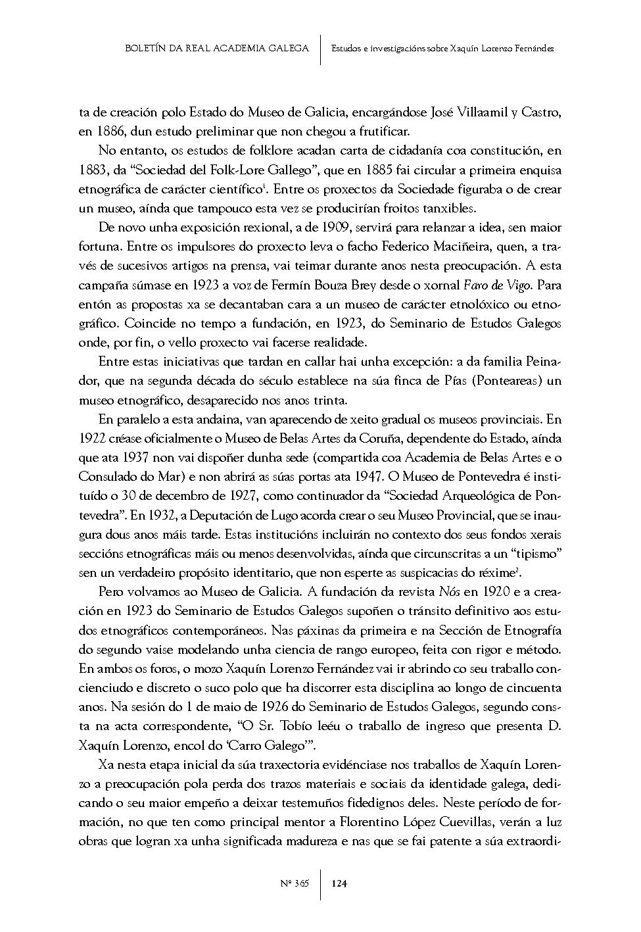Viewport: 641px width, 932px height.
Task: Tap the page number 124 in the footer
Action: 339,883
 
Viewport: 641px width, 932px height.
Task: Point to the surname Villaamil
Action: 492,112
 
